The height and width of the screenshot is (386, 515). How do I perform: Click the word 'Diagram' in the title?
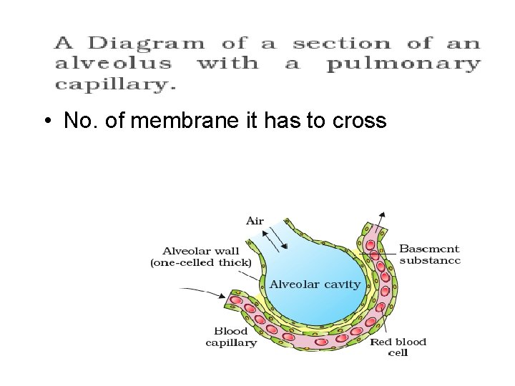click(136, 44)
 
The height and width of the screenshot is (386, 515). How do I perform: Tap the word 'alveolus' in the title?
click(114, 64)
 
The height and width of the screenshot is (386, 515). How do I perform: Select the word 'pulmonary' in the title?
click(404, 65)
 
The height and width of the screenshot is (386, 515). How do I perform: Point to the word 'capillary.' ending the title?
click(115, 84)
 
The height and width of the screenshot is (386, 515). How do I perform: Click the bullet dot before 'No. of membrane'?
click(46, 121)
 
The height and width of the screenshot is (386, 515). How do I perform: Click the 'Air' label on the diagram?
click(255, 221)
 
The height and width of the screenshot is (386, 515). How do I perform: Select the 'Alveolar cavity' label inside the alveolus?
click(315, 284)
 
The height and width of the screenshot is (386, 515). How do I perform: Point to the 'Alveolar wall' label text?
click(201, 250)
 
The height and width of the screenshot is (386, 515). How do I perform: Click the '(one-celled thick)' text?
click(201, 262)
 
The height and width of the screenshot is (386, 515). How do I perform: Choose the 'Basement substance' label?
click(429, 254)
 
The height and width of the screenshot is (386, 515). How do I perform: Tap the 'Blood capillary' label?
click(231, 337)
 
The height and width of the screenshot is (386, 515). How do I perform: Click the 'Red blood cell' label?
click(398, 347)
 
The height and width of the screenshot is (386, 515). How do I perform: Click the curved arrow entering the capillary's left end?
click(204, 291)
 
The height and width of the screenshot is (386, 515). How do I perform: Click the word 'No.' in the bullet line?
click(79, 121)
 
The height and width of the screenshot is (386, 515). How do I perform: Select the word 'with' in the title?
click(227, 64)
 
